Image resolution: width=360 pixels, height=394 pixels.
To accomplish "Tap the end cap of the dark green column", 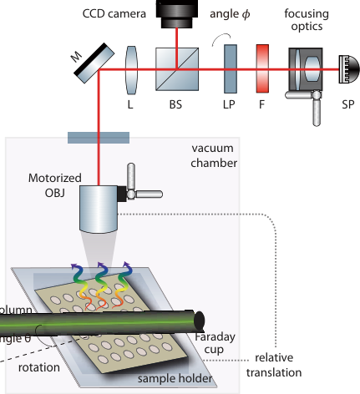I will pos(200,320).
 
